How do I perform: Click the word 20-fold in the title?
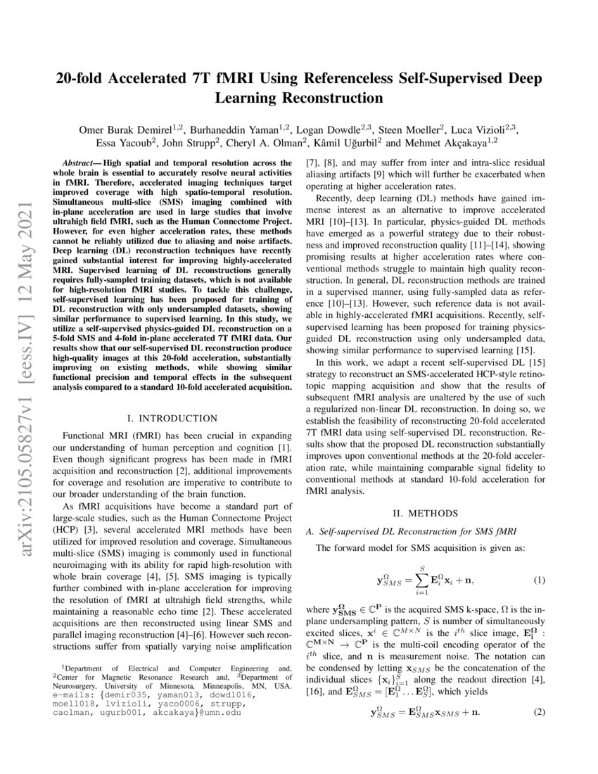coord(87,78)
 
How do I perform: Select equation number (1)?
coord(539,581)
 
